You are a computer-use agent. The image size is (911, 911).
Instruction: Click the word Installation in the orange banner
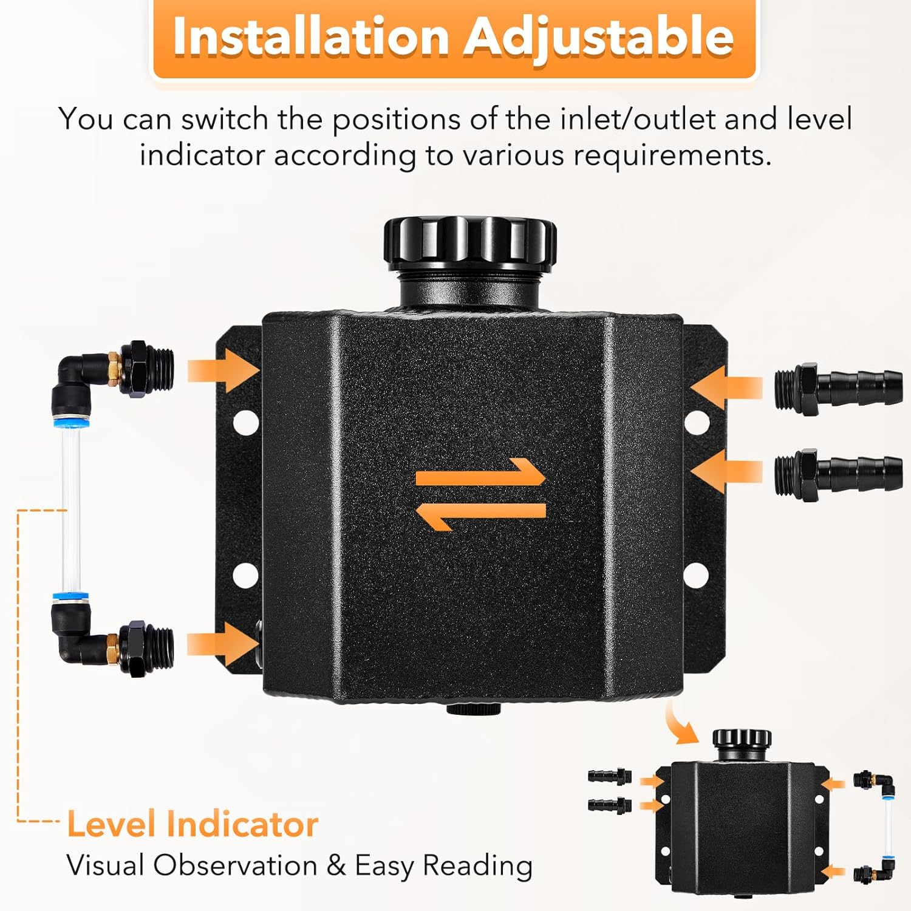pyautogui.click(x=310, y=37)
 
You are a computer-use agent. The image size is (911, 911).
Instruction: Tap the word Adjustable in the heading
pyautogui.click(x=599, y=37)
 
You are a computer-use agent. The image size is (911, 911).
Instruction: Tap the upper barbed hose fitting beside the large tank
pyautogui.click(x=838, y=388)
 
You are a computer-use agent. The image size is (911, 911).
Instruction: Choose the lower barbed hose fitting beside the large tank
pyautogui.click(x=838, y=474)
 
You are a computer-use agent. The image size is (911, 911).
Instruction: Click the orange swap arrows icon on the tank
pyautogui.click(x=480, y=494)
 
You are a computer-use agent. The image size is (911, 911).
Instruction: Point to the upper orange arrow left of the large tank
pyautogui.click(x=222, y=370)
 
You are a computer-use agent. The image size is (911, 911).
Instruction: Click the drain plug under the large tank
pyautogui.click(x=474, y=709)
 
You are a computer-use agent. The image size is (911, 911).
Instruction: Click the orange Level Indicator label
pyautogui.click(x=193, y=824)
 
